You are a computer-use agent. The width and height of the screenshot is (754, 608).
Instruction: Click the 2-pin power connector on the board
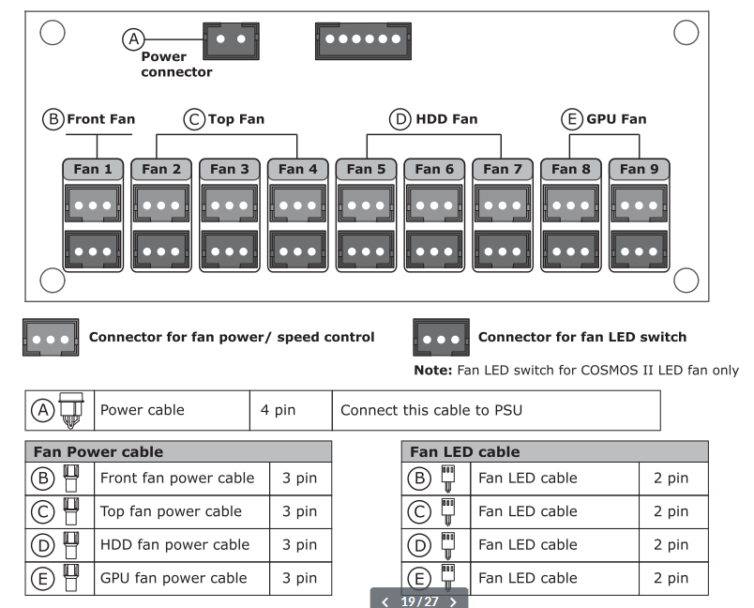(231, 41)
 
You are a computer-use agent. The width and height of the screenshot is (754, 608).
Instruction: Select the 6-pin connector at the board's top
(363, 41)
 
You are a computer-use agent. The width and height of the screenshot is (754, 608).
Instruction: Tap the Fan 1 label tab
(93, 169)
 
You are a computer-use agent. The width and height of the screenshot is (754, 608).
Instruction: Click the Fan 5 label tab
(366, 169)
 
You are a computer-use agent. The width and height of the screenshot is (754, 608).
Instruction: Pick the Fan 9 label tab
(639, 169)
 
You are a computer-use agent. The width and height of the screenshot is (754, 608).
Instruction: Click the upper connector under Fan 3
(230, 205)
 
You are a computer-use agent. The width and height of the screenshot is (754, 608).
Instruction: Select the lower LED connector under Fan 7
(503, 251)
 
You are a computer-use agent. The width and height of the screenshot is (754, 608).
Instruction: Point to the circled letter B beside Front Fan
(53, 119)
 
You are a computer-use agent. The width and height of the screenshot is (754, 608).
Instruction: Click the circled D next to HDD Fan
(400, 119)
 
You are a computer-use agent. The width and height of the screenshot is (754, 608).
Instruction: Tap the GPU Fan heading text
(616, 119)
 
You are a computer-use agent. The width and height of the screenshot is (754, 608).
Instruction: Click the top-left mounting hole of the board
(53, 32)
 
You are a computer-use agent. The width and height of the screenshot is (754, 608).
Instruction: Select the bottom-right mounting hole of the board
(686, 280)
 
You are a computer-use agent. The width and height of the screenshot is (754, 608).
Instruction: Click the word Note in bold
(432, 370)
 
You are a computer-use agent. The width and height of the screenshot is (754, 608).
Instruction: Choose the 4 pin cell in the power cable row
(291, 410)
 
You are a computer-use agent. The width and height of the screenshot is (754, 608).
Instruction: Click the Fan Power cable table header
(178, 451)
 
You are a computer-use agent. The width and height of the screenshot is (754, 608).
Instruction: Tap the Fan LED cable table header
(555, 451)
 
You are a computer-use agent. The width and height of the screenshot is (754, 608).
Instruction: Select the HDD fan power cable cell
(182, 545)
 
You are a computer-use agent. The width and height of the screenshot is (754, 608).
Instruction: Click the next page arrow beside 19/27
(453, 601)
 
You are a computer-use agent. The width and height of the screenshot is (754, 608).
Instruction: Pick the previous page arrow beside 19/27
(385, 601)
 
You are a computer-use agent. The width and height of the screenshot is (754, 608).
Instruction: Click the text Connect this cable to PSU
(431, 410)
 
